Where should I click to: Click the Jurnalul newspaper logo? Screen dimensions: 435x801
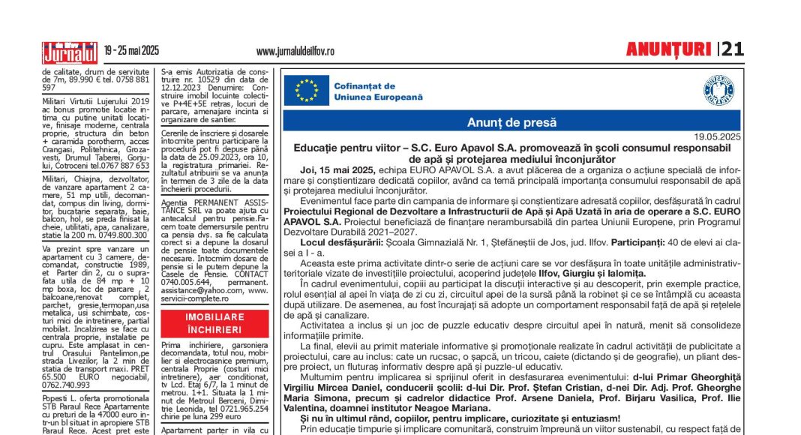(x=70, y=52)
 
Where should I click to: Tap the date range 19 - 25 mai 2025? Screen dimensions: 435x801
(x=132, y=51)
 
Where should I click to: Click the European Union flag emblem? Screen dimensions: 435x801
(x=306, y=91)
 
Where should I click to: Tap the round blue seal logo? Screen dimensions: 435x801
(x=718, y=90)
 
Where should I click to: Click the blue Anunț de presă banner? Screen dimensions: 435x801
(x=511, y=121)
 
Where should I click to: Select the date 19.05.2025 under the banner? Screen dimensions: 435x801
(x=716, y=136)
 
